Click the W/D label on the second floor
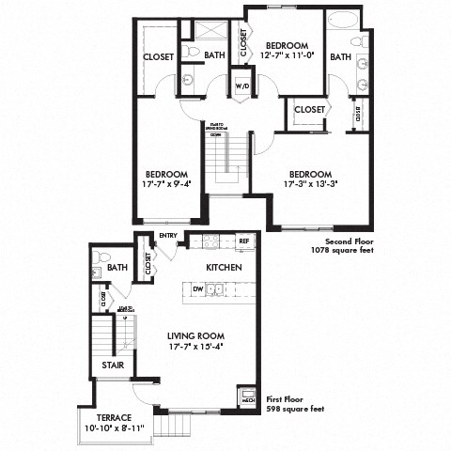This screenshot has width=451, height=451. click(x=241, y=86)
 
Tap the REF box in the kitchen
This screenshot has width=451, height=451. click(x=244, y=241)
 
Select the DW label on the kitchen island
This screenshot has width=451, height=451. click(x=198, y=288)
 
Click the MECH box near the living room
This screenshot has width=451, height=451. click(x=248, y=397)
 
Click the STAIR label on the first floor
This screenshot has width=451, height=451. click(x=112, y=365)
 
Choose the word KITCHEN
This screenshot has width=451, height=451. click(x=225, y=268)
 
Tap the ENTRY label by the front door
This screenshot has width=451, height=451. click(x=169, y=235)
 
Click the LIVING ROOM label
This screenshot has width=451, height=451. click(x=194, y=335)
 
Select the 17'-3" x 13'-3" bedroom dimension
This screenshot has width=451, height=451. click(x=310, y=184)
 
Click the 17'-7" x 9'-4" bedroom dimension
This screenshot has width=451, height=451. click(x=167, y=184)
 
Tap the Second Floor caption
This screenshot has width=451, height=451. click(x=344, y=240)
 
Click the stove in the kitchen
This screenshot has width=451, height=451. click(x=210, y=241)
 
